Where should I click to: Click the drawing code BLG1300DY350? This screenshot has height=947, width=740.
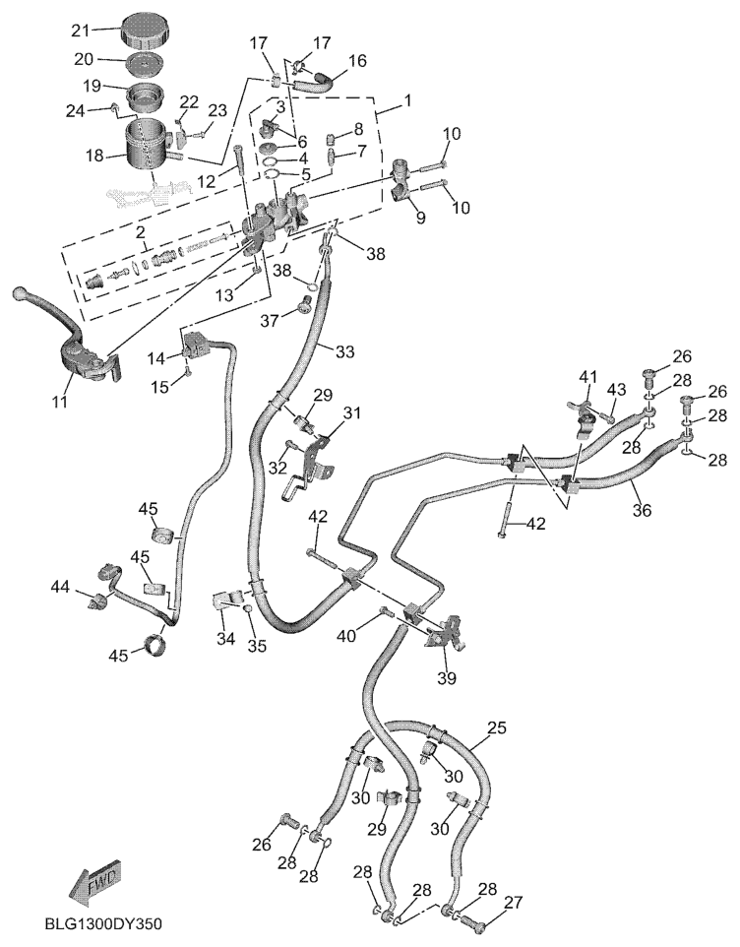coord(103,925)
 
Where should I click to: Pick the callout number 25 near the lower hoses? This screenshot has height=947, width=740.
coord(497,728)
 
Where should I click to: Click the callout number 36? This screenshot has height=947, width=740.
coord(642,510)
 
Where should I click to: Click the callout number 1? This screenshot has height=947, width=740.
coord(405,100)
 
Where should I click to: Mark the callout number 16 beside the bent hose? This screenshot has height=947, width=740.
coord(356,60)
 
